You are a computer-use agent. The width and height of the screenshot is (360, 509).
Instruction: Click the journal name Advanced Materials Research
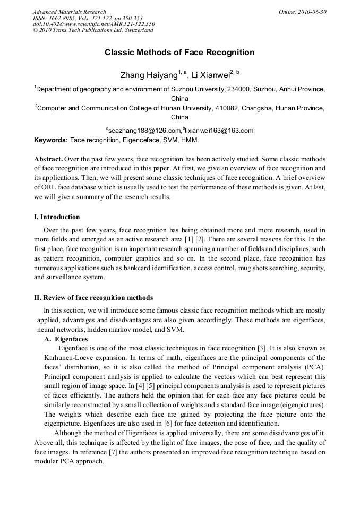(69, 12)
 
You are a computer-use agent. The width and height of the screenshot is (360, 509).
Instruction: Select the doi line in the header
(94, 24)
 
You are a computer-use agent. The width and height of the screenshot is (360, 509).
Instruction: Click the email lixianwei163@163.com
(219, 130)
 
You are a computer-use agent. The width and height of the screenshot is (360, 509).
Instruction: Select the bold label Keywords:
(51, 140)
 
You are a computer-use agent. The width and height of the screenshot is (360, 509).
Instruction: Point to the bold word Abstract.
(48, 159)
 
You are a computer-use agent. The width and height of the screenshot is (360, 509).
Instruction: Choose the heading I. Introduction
(57, 217)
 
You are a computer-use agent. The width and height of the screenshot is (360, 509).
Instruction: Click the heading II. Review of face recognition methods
(93, 297)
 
